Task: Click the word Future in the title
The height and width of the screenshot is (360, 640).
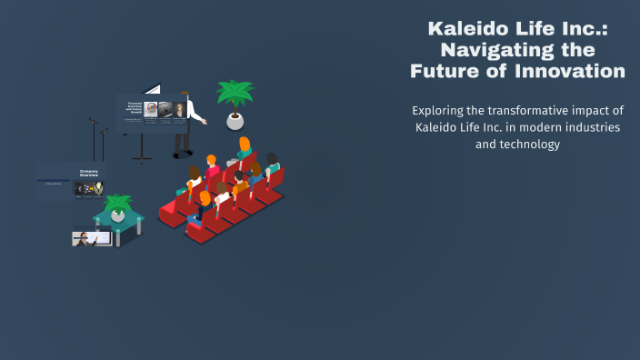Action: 445,71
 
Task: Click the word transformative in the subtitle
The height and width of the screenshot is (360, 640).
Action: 533,110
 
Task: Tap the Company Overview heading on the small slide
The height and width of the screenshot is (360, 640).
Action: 89,172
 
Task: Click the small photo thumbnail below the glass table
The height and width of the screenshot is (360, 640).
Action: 91,238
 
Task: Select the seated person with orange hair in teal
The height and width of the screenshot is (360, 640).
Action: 244,151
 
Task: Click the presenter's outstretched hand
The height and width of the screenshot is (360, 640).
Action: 205,121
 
